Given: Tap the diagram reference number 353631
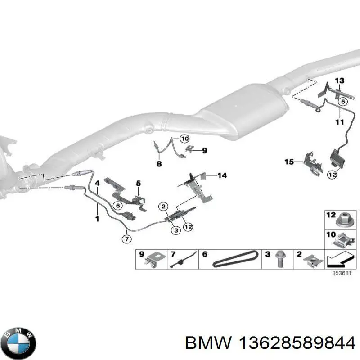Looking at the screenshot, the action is coord(342,273).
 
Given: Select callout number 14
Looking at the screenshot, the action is coord(222,175).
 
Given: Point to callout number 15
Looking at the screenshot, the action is coord(289,162).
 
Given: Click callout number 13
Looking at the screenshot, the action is coord(340,81).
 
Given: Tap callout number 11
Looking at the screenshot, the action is coord(340,122).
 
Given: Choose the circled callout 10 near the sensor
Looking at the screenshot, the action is coord(184,139).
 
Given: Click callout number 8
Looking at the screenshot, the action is coord(159,164).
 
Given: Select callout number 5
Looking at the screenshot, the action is coord(139,183).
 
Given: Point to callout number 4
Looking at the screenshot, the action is coord(97,183).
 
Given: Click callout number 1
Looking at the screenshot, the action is coord(97,219).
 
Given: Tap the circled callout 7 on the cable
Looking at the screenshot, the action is coord(127,239).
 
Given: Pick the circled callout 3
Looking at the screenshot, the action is coord(176,230).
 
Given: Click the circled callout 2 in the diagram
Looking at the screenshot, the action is coord(163,207).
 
